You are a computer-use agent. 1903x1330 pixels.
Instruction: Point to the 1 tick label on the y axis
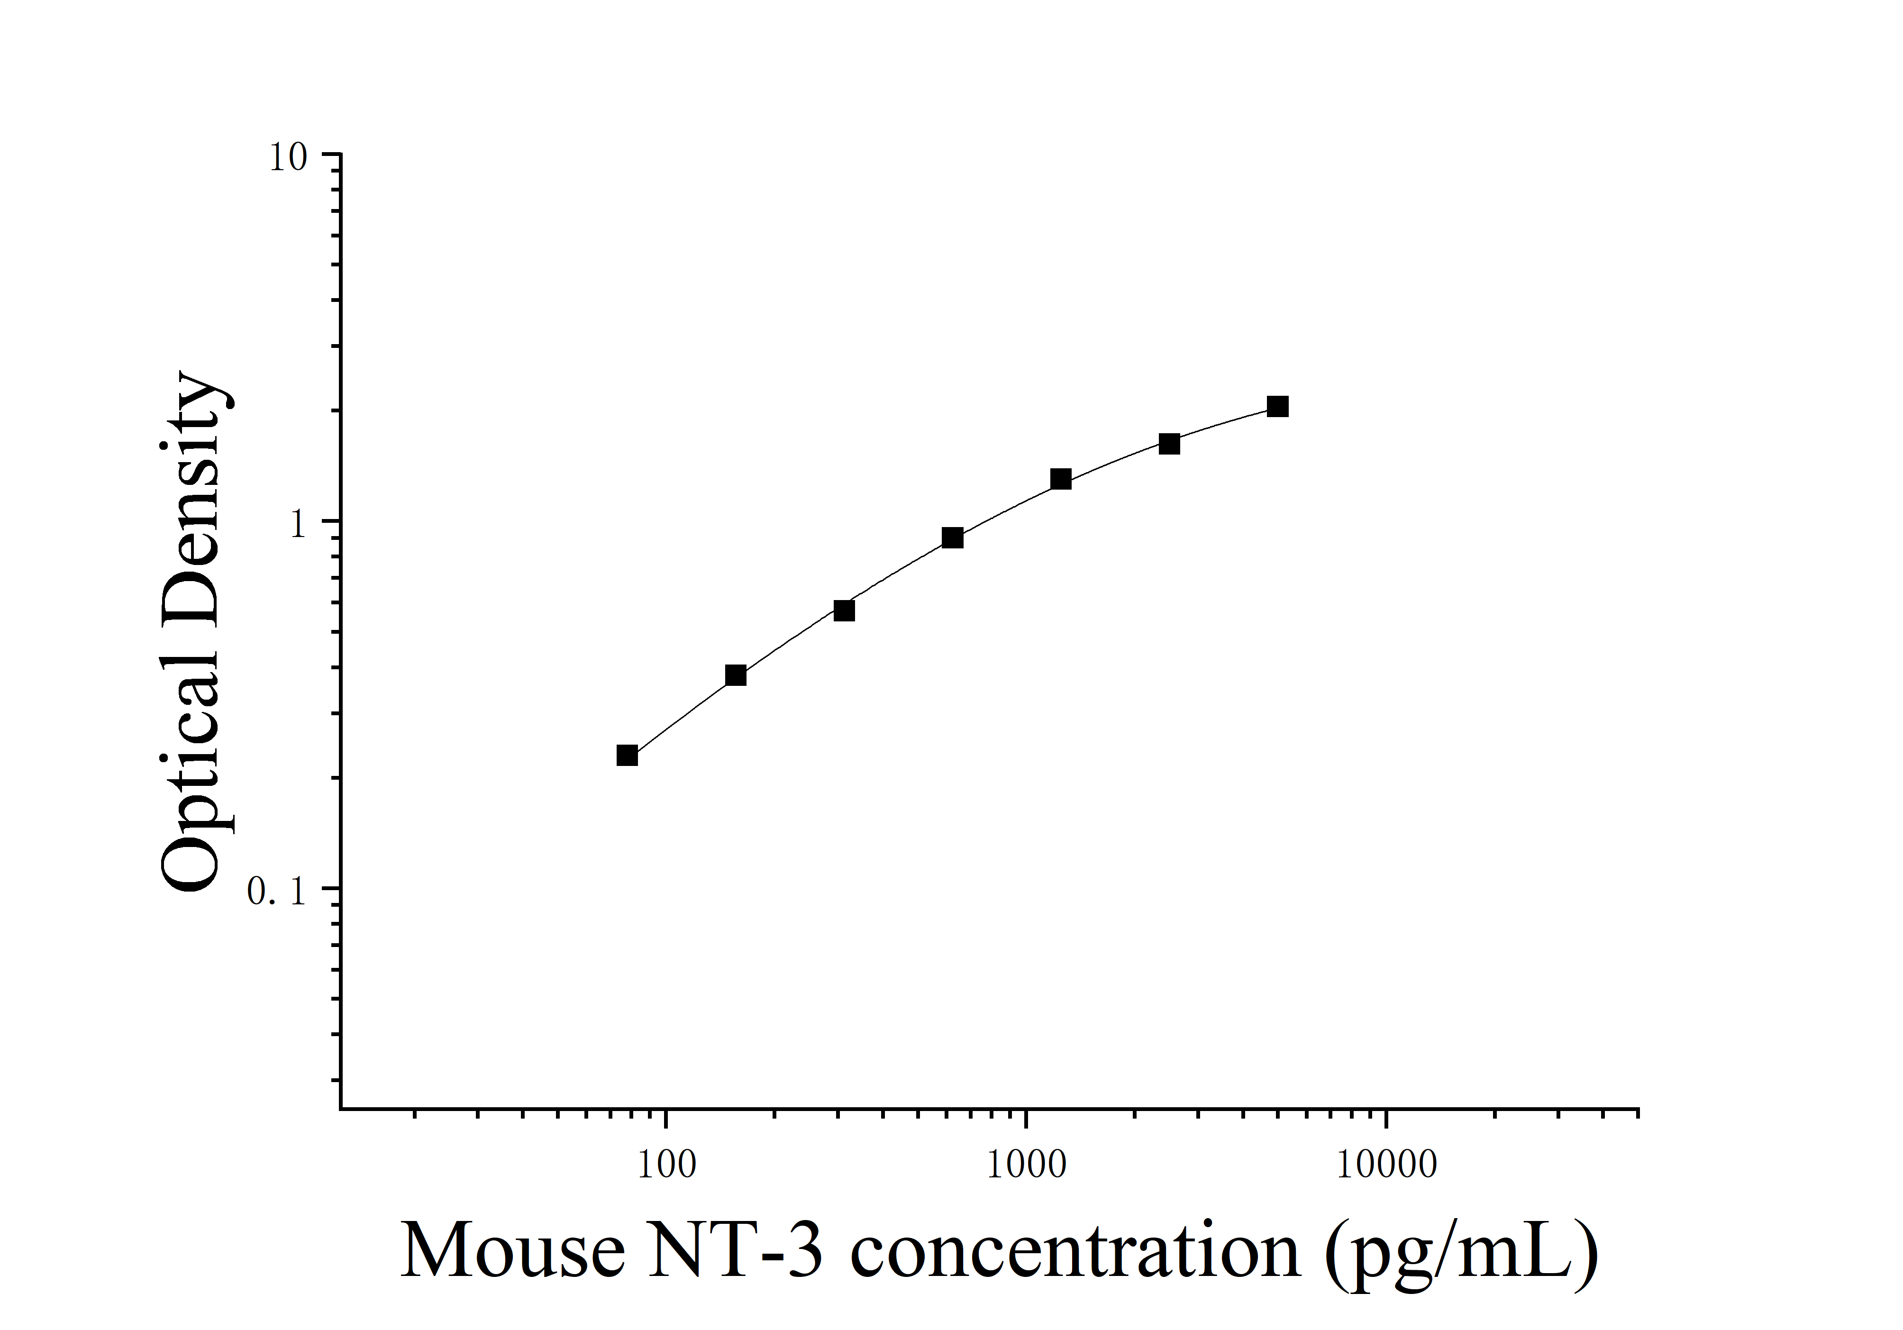[x=299, y=524]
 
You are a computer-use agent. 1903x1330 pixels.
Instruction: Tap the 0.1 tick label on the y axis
[x=277, y=892]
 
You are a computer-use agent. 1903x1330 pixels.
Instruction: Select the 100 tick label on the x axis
[x=666, y=1164]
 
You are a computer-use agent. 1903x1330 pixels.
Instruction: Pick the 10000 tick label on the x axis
[x=1386, y=1164]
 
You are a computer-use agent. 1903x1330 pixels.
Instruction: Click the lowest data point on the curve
[x=628, y=755]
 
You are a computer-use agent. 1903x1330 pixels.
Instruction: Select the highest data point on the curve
[x=1277, y=406]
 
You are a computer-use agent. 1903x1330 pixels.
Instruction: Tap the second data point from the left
[x=735, y=674]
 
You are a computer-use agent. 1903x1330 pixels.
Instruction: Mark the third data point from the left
[x=844, y=610]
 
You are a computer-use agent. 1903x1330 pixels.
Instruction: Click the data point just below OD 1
[x=952, y=538]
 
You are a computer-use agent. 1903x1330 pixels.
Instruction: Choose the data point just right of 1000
[x=1061, y=479]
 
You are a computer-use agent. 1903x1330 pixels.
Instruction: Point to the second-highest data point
[x=1169, y=443]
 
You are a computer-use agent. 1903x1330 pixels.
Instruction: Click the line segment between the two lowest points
[x=681, y=714]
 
